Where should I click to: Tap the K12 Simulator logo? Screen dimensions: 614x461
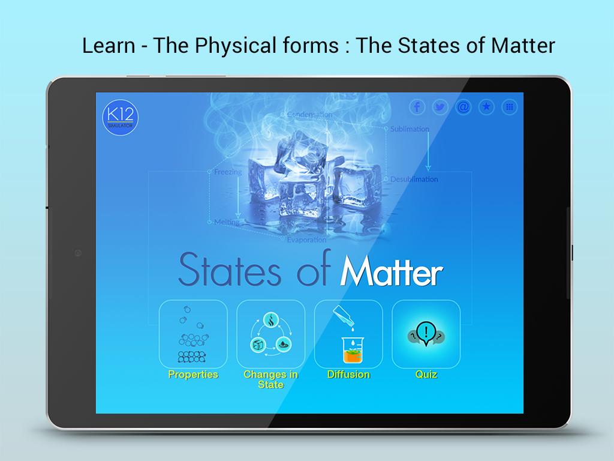[x=120, y=117]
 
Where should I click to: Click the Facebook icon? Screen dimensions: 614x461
[x=417, y=107]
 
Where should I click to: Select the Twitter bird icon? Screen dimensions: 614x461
[x=440, y=107]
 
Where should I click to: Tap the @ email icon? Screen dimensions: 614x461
[x=463, y=107]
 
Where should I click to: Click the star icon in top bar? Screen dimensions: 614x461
[x=486, y=107]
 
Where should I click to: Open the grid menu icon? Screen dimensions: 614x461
[x=510, y=107]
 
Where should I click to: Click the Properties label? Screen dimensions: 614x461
[x=193, y=375]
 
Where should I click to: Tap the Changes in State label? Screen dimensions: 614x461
[x=270, y=379]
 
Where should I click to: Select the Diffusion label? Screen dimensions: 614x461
[x=348, y=375]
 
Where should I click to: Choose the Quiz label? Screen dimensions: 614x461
[x=426, y=375]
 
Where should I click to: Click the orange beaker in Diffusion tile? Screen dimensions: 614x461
[x=353, y=350]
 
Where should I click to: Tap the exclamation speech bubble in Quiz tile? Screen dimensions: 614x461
[x=426, y=334]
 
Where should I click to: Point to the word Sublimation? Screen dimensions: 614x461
[x=410, y=129]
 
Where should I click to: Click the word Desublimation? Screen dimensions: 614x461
[x=414, y=179]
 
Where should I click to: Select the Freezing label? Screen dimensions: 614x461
[x=228, y=172]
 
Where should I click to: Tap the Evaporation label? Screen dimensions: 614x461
[x=306, y=240]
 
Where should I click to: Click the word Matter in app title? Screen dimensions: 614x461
[x=392, y=271]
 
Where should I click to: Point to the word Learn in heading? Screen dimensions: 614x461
[x=109, y=45]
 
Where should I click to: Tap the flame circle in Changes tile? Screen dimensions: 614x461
[x=270, y=320]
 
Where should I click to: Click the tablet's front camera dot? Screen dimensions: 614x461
[x=78, y=253]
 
